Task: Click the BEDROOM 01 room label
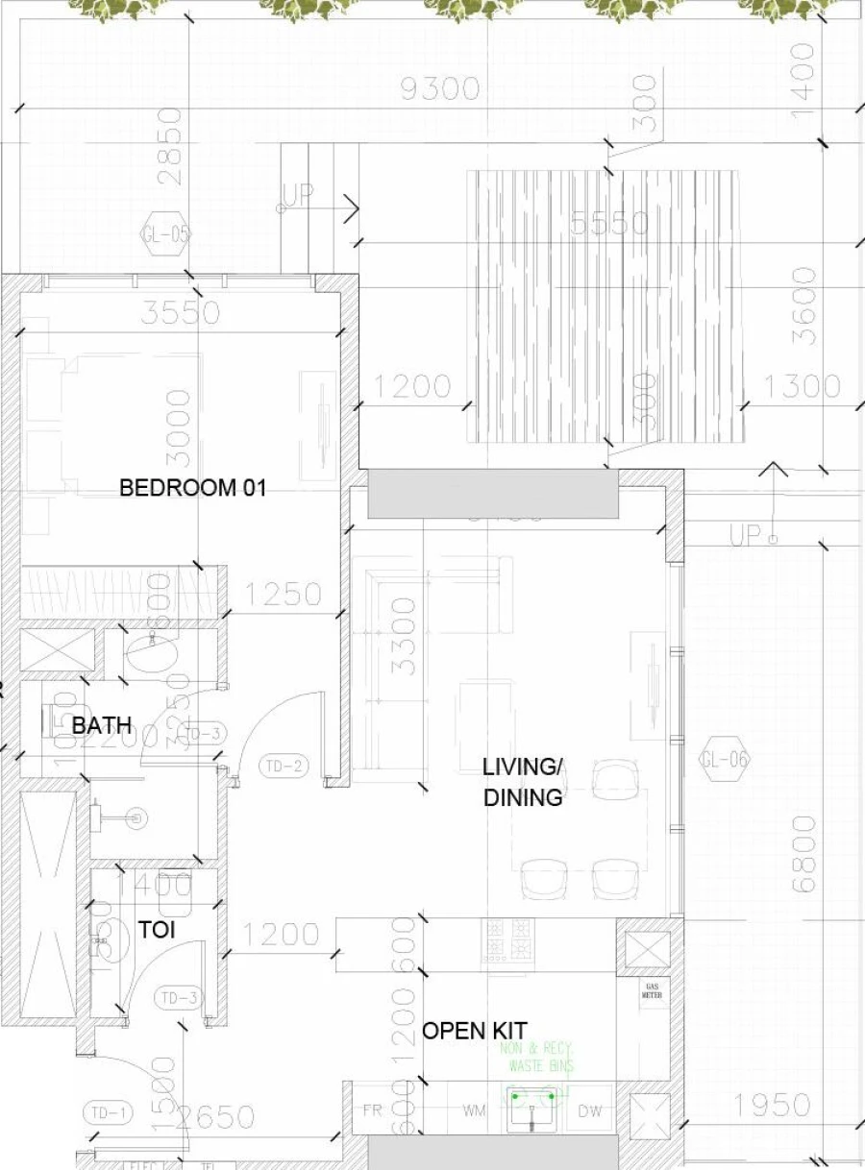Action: tap(192, 488)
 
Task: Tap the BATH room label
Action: tap(101, 725)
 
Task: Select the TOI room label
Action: tap(156, 930)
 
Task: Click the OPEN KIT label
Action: tap(475, 1031)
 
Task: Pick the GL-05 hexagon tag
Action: tap(166, 234)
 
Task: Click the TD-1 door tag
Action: tap(108, 1114)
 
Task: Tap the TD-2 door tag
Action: tap(284, 766)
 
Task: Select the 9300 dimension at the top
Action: tap(439, 89)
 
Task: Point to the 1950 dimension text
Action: tap(772, 1106)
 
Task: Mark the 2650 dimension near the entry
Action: tap(216, 1117)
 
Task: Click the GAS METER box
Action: tap(652, 991)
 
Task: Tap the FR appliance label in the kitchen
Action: tap(373, 1110)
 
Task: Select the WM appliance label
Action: tap(474, 1110)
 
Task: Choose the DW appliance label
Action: tap(589, 1110)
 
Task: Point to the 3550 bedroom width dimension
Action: tap(180, 313)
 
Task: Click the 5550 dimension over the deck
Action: tap(609, 224)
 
